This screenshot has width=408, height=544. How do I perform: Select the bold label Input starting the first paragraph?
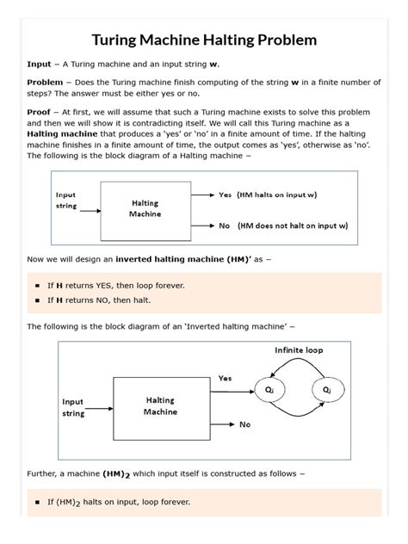pyautogui.click(x=39, y=65)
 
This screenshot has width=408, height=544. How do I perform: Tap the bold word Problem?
pyautogui.click(x=45, y=83)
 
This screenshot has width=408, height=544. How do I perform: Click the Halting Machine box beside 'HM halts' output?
pyautogui.click(x=145, y=209)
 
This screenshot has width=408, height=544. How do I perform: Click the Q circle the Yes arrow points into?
pyautogui.click(x=270, y=390)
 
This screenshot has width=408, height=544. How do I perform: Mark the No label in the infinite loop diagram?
pyautogui.click(x=244, y=424)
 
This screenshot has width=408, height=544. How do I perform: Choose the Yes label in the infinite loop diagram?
pyautogui.click(x=225, y=378)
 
